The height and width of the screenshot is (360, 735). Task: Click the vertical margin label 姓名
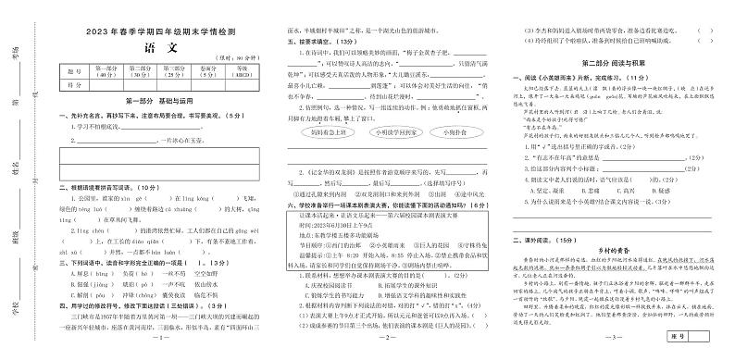(19, 170)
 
